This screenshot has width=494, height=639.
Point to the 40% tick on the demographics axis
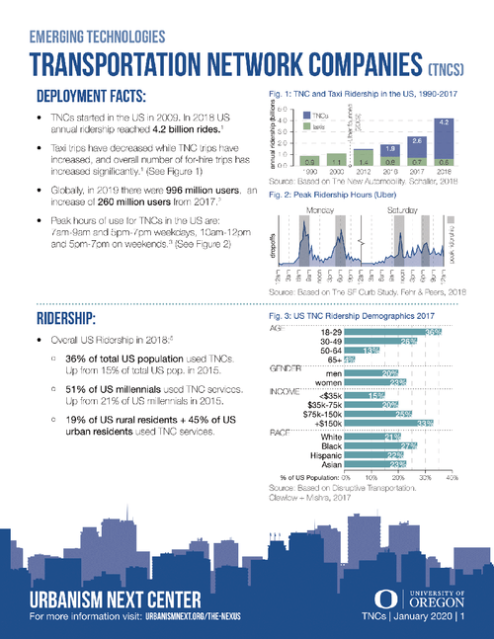point(452,476)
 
